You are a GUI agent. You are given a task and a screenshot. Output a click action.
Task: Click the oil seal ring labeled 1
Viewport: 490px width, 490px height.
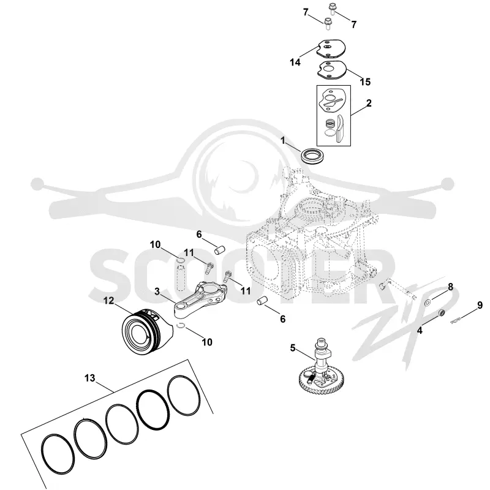click(x=312, y=156)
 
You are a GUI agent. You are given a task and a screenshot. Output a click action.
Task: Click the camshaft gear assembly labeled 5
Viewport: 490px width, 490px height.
click(x=322, y=365)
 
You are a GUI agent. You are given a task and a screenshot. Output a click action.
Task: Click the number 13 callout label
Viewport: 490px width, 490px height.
click(x=89, y=378)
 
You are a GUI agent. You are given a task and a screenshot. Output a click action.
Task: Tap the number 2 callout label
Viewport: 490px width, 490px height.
click(x=369, y=103)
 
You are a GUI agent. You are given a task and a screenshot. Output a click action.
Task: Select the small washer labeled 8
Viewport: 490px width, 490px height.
click(x=428, y=302)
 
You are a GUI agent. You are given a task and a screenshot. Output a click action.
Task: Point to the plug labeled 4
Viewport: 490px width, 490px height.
click(x=440, y=312)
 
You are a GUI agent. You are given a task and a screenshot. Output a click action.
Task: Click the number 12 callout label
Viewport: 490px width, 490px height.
click(x=109, y=301)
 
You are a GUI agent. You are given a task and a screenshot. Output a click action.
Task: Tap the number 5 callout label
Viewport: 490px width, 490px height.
click(x=293, y=348)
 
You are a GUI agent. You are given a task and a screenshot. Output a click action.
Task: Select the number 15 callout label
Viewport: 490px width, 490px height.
click(x=365, y=82)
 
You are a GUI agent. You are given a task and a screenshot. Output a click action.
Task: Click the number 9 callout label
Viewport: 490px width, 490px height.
click(x=480, y=305)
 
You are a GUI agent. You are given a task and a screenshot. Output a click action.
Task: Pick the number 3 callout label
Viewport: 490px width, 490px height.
click(x=157, y=292)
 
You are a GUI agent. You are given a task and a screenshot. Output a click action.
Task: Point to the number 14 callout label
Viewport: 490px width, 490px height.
click(x=295, y=62)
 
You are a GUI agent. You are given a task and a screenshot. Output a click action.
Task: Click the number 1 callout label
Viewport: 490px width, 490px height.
click(x=283, y=141)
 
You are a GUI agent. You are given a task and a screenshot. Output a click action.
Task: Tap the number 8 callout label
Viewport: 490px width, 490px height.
click(x=450, y=287)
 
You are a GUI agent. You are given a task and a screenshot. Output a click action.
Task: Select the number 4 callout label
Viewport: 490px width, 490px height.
click(x=420, y=330)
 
